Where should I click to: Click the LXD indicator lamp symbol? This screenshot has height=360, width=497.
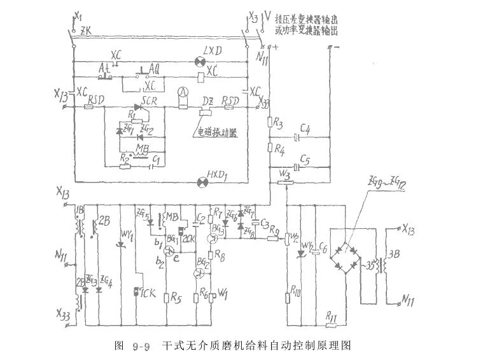[x=199, y=61]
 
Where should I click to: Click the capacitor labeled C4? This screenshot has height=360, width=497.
[x=297, y=137]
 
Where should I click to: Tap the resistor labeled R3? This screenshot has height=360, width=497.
[x=270, y=124]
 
